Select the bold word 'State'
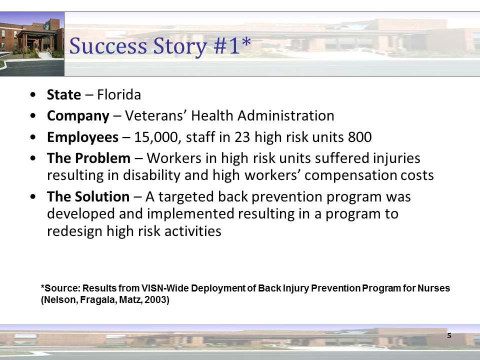click(63, 94)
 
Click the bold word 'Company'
click(77, 116)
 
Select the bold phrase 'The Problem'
click(88, 158)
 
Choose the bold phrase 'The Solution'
click(88, 197)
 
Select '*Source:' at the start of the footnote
click(60, 288)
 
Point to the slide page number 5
click(449, 335)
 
